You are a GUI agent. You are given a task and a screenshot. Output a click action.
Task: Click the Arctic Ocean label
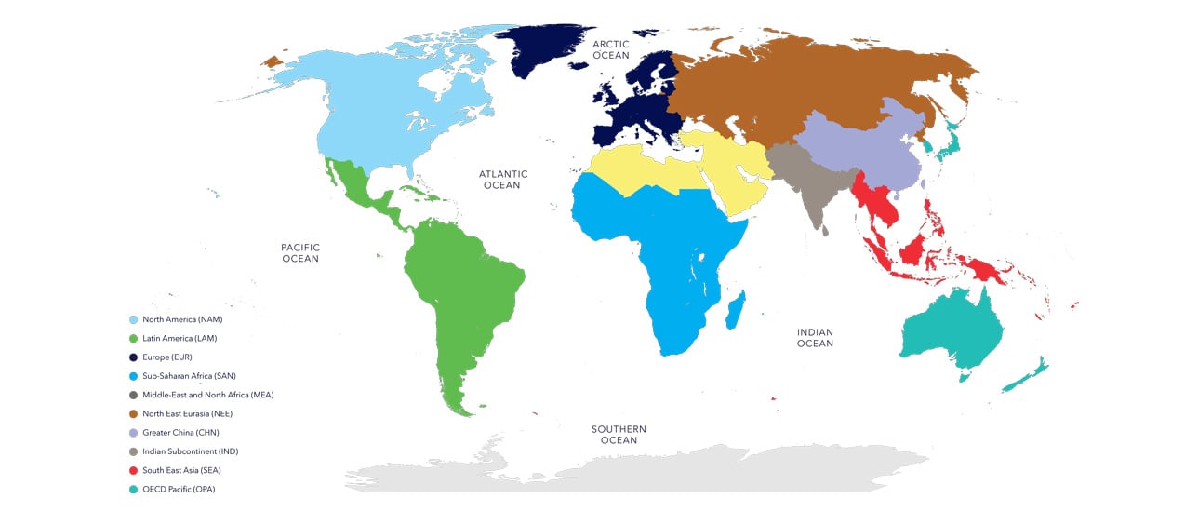(611, 49)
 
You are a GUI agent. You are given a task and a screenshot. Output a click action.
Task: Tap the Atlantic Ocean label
(502, 180)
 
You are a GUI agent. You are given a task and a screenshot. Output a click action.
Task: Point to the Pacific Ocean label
(299, 252)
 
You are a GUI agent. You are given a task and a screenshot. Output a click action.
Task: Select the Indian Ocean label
(815, 338)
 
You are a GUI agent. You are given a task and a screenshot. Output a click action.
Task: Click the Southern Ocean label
(619, 435)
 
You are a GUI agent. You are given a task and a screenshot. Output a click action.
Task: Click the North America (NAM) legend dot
(133, 319)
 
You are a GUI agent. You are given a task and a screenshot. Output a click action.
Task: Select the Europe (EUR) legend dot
(133, 357)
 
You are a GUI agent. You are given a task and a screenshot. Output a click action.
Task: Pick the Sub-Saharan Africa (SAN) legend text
(188, 376)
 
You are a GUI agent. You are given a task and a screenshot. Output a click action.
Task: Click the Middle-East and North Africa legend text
(207, 395)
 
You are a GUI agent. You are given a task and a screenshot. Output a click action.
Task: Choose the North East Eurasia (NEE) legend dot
(133, 413)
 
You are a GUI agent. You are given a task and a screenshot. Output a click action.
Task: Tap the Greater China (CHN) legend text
(180, 433)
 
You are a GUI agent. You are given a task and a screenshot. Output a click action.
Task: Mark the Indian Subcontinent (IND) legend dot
(133, 451)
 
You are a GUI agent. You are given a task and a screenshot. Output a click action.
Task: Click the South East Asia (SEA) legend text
(181, 470)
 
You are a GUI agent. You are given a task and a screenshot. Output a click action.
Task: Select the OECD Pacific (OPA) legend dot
(133, 489)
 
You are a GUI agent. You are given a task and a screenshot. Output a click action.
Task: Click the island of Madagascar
(736, 310)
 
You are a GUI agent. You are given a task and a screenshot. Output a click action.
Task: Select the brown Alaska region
(273, 61)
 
